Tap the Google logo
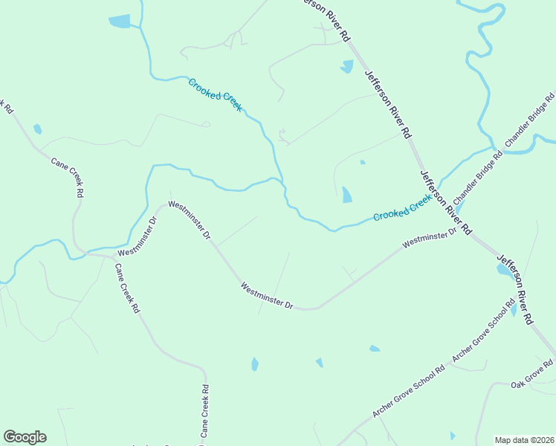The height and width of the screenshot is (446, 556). point(25,437)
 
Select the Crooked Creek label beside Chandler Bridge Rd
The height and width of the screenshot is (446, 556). point(402,207)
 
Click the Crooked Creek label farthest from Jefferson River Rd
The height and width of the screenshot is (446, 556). point(215,95)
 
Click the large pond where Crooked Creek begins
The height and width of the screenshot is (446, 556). point(120,21)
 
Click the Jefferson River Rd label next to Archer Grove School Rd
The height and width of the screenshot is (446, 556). point(515,290)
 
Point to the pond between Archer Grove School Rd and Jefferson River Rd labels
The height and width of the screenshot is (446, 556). point(514,309)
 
